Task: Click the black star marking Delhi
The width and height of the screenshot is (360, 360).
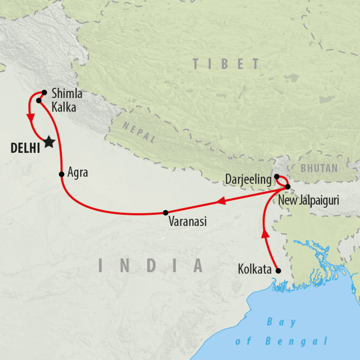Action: pos(49,142)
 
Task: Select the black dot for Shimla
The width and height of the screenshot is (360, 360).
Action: pos(44,93)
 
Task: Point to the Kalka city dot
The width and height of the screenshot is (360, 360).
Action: pos(39,101)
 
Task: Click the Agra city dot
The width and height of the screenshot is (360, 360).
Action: pos(62,174)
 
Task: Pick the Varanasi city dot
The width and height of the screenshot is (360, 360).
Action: pos(166,212)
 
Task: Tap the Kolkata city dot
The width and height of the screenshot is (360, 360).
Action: pos(278,271)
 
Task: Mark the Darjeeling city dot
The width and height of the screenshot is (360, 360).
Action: pos(277,176)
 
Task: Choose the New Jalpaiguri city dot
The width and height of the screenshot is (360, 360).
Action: pos(288,186)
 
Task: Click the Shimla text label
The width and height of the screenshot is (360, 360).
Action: pos(67,94)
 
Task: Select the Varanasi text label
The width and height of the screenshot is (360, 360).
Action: pos(187,222)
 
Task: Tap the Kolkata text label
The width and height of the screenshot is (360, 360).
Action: pos(255,270)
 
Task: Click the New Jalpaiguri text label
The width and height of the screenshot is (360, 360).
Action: pos(308,201)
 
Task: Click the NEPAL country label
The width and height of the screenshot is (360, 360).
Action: pos(139,132)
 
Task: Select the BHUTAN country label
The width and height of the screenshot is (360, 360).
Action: pos(319,168)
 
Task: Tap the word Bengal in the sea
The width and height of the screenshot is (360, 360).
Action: pos(296,341)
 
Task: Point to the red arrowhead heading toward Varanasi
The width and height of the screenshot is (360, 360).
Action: pos(221,201)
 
